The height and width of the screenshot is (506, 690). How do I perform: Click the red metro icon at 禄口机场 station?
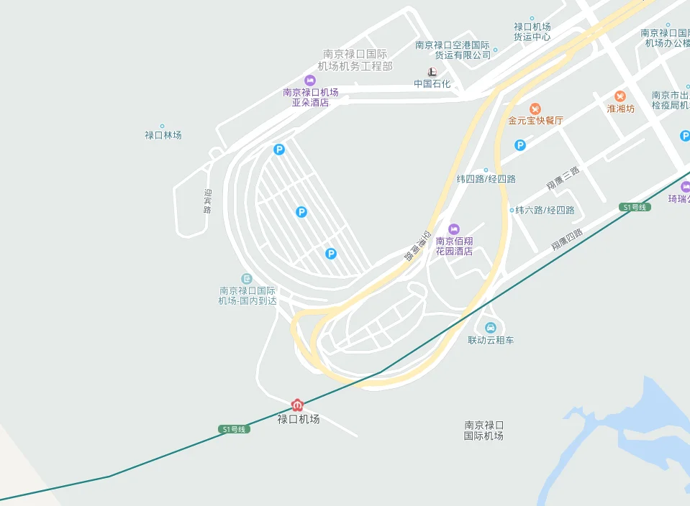(297, 405)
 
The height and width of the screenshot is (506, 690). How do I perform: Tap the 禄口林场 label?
(163, 135)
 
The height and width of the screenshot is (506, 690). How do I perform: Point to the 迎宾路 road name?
(207, 201)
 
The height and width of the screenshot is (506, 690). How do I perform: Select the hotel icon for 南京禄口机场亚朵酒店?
(310, 80)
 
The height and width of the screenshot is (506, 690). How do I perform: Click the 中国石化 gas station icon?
(432, 72)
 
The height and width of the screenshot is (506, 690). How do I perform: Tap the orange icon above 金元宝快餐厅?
(535, 108)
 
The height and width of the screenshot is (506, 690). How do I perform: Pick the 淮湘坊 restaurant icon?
(620, 96)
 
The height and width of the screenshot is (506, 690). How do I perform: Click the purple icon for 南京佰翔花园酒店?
(453, 229)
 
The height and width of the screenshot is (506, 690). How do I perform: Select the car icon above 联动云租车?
(491, 328)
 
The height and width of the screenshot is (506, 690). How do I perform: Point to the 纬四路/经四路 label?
(486, 179)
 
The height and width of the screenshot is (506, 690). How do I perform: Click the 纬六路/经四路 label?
(543, 211)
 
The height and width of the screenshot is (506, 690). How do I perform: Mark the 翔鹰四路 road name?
(567, 239)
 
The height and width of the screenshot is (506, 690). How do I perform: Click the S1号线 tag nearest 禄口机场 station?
(233, 429)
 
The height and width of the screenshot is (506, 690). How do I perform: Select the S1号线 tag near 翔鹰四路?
(635, 207)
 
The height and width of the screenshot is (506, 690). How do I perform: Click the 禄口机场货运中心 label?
(532, 32)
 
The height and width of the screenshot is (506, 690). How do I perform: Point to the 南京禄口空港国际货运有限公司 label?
(453, 50)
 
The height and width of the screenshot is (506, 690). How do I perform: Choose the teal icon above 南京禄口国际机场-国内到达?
(247, 278)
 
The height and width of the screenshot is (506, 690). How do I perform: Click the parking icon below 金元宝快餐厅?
(520, 145)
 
